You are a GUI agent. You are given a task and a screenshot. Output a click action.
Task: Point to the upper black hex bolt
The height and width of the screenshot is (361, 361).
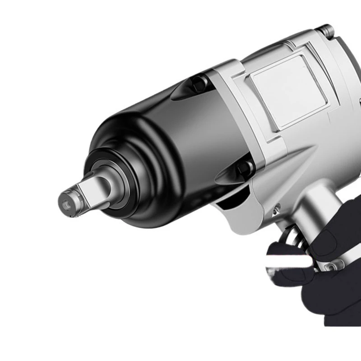click(199, 83)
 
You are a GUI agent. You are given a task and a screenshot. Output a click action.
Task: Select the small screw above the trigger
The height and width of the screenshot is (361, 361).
click(276, 208)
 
